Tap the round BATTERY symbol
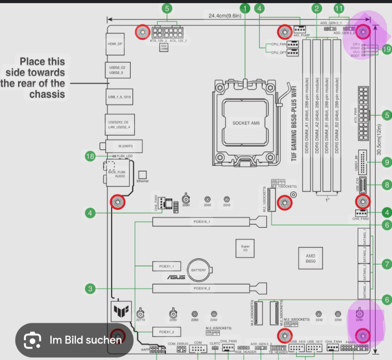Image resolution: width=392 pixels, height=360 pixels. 198,270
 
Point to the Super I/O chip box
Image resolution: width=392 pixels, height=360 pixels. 245,248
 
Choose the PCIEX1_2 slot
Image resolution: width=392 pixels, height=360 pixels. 163,332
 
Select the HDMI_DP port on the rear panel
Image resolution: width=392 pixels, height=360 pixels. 114,44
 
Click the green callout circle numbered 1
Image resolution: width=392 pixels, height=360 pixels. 245,8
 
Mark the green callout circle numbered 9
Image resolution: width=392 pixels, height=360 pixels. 387,162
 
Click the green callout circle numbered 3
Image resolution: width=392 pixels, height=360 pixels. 90,288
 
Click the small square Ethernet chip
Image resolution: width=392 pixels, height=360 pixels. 142,174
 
